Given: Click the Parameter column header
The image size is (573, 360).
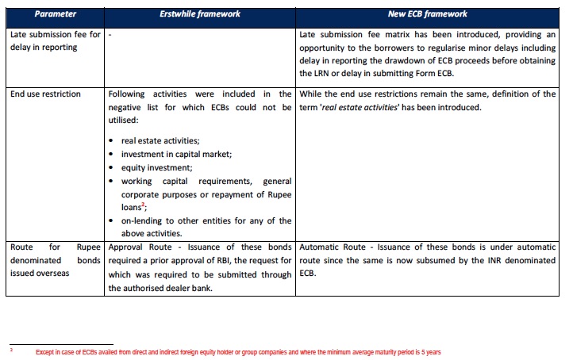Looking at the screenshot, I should pos(55,13).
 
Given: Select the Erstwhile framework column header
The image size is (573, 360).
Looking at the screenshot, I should pos(200,13).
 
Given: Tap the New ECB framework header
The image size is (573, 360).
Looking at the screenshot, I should pos(428,13).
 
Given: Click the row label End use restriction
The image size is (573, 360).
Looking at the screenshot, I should pos(46,94).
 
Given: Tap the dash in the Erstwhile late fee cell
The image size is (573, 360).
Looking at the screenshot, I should pos(110,35).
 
